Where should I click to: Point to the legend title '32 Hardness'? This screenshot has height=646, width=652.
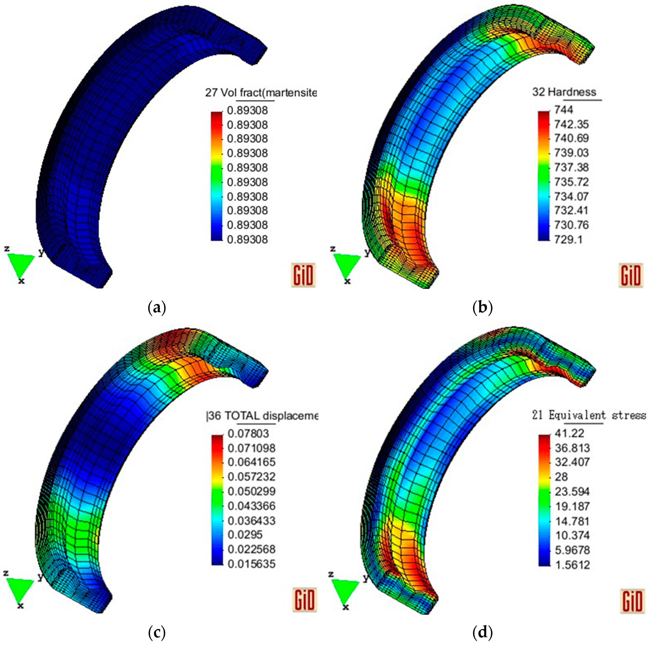(564, 92)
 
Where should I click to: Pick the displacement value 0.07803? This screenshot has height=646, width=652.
(248, 433)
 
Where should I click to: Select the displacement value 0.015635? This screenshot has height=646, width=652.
(251, 564)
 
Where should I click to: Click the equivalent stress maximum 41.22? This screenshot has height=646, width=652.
(569, 433)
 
